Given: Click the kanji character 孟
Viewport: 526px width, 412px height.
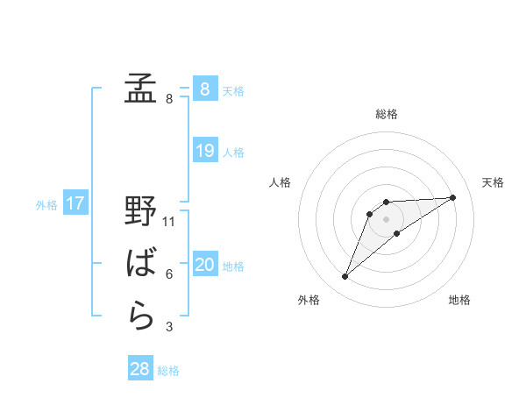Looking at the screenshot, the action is click(x=140, y=88).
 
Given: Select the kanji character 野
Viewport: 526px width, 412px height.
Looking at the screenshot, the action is click(x=140, y=211).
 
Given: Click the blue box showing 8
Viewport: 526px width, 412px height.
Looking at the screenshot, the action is click(x=204, y=89).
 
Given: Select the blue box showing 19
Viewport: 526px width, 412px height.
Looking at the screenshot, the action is click(x=204, y=151).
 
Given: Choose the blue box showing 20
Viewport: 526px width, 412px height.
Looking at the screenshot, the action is click(x=204, y=265).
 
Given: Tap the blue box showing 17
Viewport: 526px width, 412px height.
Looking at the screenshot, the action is click(x=75, y=204).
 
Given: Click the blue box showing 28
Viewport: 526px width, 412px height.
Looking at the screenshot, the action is click(x=140, y=369).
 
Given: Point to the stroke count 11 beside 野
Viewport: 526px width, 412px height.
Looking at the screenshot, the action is click(x=170, y=221).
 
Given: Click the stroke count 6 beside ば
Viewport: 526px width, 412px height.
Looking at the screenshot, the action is click(x=169, y=274).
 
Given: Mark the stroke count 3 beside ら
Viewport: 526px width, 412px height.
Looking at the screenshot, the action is click(x=169, y=327).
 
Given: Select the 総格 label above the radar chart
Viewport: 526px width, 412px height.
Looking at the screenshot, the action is click(x=386, y=114).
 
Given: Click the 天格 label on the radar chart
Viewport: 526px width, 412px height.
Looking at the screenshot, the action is click(x=493, y=182).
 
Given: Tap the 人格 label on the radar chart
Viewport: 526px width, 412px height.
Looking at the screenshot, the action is click(x=281, y=182).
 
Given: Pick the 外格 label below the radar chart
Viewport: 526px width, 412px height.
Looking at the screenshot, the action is click(x=309, y=300).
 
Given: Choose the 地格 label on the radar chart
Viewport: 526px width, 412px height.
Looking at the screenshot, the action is click(x=459, y=300).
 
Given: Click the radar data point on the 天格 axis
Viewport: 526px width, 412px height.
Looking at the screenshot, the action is click(x=452, y=197).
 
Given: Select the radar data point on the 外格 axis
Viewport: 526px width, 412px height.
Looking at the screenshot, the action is click(x=345, y=277).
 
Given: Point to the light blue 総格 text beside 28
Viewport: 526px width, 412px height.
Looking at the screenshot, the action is click(x=168, y=371).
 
